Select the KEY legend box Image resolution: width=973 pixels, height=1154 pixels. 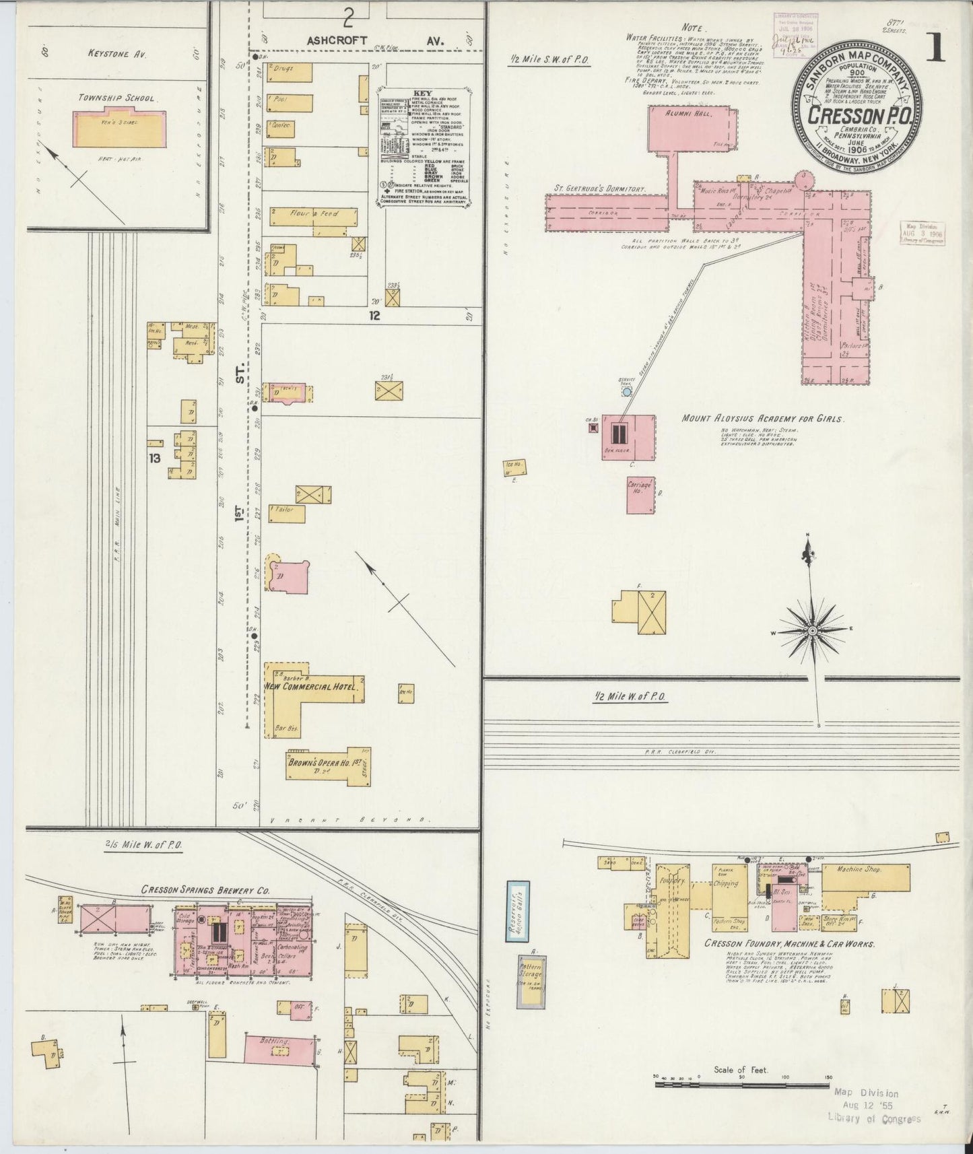tap(424, 144)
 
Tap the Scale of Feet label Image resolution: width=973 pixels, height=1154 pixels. tap(741, 1069)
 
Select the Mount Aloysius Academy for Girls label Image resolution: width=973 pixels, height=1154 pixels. tap(762, 418)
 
